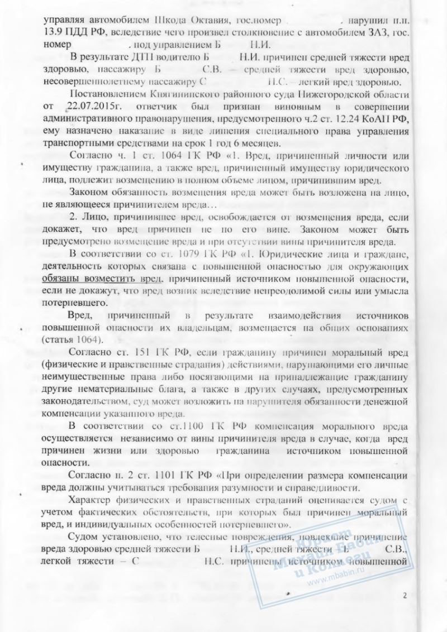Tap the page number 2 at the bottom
[x=404, y=595]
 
